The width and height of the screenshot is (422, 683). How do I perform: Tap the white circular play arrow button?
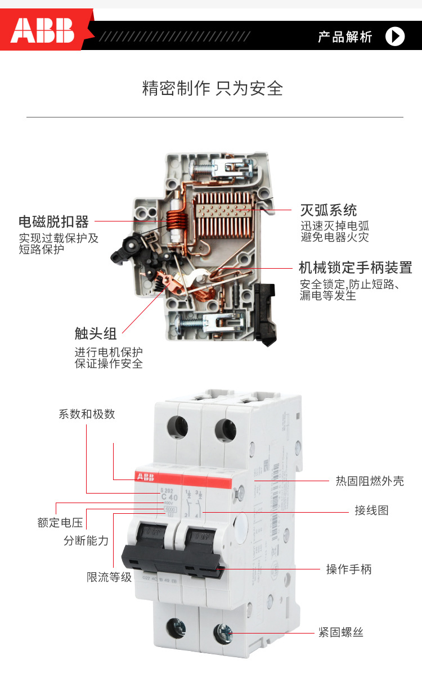point(395,37)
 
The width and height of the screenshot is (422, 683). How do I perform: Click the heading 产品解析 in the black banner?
point(345,37)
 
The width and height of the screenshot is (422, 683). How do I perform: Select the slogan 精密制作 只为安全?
point(212,88)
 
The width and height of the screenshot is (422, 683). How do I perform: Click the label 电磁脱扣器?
point(53,221)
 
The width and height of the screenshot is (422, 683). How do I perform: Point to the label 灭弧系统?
point(328,210)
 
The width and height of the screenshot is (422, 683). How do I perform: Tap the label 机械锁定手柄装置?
point(355,266)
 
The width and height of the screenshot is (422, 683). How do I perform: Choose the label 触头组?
point(96,333)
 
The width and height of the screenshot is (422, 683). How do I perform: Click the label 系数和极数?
point(87,414)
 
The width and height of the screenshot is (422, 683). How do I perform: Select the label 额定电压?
point(60,523)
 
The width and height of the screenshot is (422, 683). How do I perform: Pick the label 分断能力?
point(86,541)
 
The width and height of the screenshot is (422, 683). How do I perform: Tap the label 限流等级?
point(109,577)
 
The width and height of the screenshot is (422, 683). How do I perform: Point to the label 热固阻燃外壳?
point(370,481)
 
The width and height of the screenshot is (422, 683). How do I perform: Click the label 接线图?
point(371,510)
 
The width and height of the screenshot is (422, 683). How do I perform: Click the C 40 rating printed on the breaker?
point(169,497)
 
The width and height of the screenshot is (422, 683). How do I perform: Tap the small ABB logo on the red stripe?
point(145,477)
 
